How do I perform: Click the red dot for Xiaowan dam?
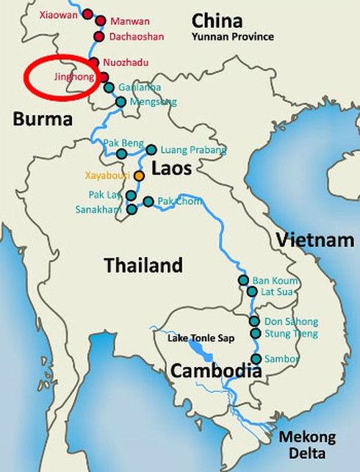tap(88, 14)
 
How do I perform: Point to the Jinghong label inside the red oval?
tap(73, 76)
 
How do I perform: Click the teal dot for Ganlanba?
tap(109, 88)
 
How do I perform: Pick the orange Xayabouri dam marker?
tap(139, 176)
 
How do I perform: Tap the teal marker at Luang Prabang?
tap(151, 150)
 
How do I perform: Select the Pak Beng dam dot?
tap(122, 153)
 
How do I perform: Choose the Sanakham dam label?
tap(99, 209)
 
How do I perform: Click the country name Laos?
tap(171, 169)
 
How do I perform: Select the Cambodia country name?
tap(216, 371)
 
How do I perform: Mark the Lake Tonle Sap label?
tap(195, 338)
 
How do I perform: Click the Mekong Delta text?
tap(306, 445)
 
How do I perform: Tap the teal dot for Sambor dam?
tap(256, 359)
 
